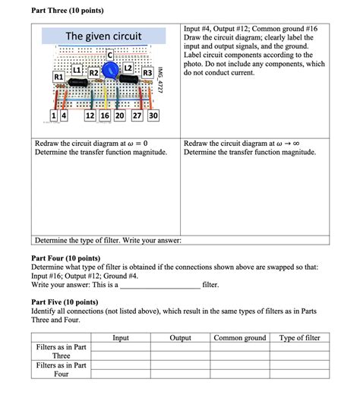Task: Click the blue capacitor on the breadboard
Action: coord(111,71)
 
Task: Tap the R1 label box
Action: coord(57,77)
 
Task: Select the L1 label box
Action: coord(77,70)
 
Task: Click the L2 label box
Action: coord(128,69)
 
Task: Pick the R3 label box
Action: coord(148,73)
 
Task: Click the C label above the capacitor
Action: coord(112,55)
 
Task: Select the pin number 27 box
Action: coord(137,115)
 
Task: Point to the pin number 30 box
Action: coord(153,115)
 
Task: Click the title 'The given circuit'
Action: coord(103,36)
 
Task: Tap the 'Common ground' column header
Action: coord(240,338)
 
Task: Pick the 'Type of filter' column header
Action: coord(300,338)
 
